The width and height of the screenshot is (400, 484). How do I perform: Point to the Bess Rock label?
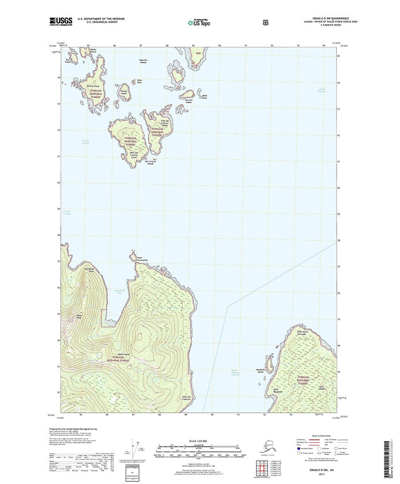point(133,81)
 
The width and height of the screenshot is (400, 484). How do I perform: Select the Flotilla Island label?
point(124,93)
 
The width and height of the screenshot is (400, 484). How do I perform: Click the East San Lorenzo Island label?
point(164,123)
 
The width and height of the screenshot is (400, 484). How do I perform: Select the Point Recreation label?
point(143,259)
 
